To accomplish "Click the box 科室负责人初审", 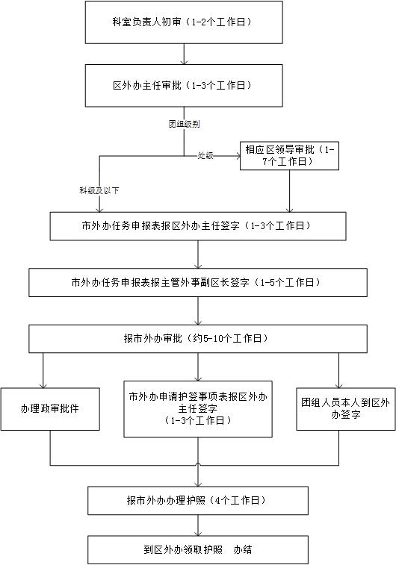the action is click(x=184, y=22).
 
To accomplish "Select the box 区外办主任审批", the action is click(x=184, y=86).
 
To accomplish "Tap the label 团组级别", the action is click(x=184, y=125).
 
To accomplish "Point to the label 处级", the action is click(x=205, y=155).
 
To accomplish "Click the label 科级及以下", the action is click(x=99, y=190).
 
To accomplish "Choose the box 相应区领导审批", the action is click(x=290, y=155).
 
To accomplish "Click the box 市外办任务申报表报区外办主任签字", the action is click(x=198, y=226).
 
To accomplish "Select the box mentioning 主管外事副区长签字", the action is click(x=198, y=282).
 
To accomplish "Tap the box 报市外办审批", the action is click(x=198, y=339).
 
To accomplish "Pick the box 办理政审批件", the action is click(x=50, y=409).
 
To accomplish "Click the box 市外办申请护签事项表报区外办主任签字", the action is click(x=198, y=409).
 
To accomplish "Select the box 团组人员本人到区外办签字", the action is click(x=346, y=409).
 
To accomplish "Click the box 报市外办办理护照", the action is click(x=198, y=501).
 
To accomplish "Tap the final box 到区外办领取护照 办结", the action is click(x=198, y=550).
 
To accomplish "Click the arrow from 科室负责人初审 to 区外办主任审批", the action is click(x=185, y=54).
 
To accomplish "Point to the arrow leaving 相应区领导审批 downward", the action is click(x=290, y=191).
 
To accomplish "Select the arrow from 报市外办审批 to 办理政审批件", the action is click(x=43, y=370).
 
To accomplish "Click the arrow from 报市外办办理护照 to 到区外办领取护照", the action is click(x=198, y=525).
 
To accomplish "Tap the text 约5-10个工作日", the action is click(x=227, y=339).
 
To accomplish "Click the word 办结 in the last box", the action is click(x=243, y=550).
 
